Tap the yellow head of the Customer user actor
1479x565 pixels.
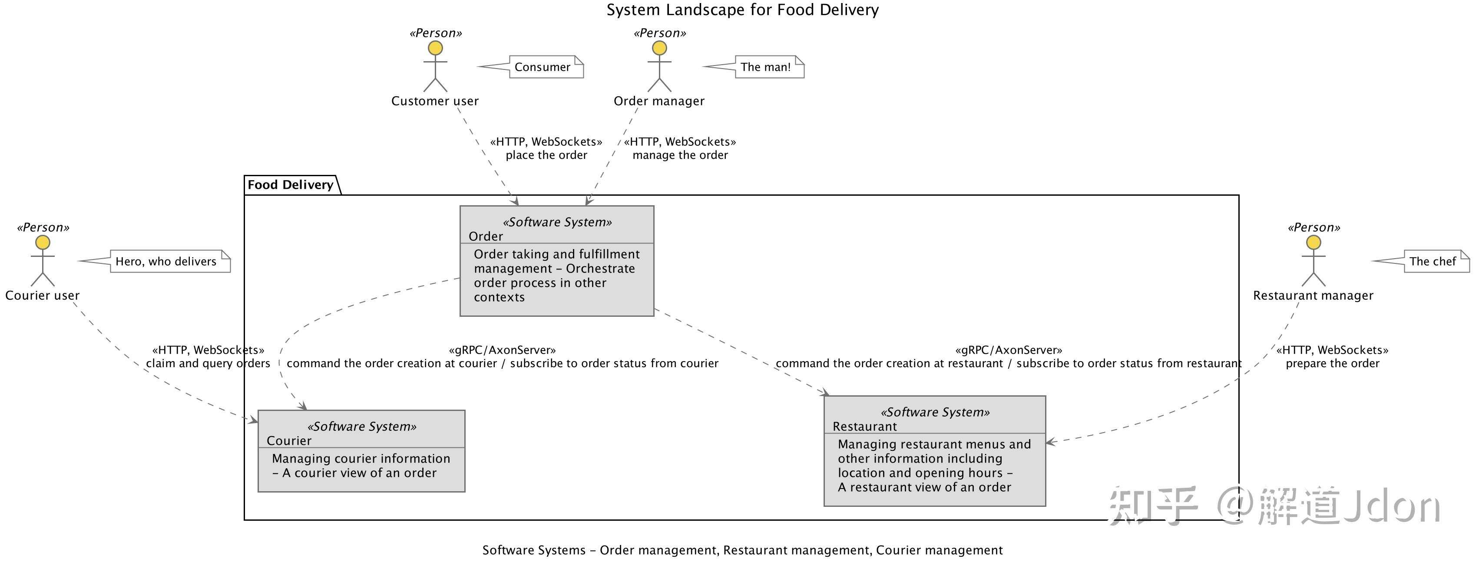point(436,48)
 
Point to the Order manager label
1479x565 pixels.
point(659,101)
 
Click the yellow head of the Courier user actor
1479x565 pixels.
point(43,243)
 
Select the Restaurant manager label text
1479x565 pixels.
point(1313,296)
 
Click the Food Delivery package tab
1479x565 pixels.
point(291,185)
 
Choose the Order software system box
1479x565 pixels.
point(557,261)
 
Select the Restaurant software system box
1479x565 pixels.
point(935,451)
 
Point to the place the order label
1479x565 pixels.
point(546,155)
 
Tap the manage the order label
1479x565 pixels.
point(680,155)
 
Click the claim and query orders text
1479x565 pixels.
point(208,364)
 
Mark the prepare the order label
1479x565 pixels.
point(1333,364)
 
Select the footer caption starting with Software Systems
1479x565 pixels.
point(742,551)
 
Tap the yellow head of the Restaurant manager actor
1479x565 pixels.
point(1314,243)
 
